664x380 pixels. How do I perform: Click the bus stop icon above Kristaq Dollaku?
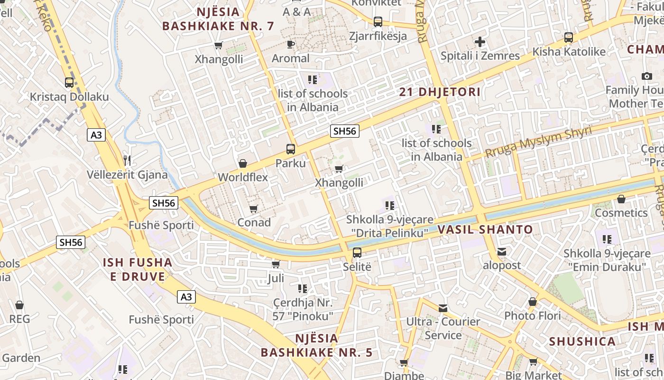click(69, 82)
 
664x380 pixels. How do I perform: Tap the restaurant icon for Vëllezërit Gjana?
click(127, 160)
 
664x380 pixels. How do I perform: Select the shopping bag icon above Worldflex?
click(243, 164)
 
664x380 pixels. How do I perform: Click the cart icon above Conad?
click(254, 209)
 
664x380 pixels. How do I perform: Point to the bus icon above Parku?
click(291, 149)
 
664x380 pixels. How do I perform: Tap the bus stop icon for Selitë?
click(357, 253)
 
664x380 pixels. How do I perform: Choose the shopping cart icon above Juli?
click(276, 264)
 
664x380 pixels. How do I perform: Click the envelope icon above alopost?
click(502, 252)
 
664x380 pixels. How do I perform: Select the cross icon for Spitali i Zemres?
click(480, 42)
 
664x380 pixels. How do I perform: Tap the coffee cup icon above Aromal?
click(291, 45)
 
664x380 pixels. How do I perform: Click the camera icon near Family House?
click(646, 76)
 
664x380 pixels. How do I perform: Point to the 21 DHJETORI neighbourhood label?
click(440, 92)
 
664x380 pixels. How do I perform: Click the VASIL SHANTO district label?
click(485, 230)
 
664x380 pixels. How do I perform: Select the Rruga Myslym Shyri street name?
click(538, 142)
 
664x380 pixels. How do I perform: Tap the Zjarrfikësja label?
click(378, 36)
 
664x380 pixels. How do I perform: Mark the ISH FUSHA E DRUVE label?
click(138, 269)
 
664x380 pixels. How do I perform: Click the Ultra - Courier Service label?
click(443, 328)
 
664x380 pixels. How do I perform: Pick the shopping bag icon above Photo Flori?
click(533, 302)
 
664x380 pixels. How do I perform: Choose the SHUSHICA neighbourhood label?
click(582, 342)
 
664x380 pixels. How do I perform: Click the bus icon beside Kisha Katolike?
click(569, 37)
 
